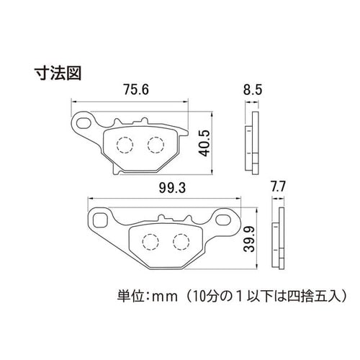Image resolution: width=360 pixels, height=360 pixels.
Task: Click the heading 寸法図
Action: click(x=58, y=73)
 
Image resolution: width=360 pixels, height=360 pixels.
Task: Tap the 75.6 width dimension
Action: click(x=136, y=89)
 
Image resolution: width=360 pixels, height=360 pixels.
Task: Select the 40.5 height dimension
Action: click(x=204, y=143)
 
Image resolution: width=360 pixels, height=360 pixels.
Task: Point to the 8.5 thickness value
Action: click(x=253, y=90)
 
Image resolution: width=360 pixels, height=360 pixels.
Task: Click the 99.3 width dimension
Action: click(x=172, y=188)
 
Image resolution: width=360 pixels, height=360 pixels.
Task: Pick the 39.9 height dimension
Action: click(x=249, y=239)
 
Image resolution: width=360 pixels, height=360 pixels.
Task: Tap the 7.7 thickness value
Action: click(x=278, y=186)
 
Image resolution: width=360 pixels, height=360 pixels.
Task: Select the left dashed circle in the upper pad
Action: click(x=125, y=145)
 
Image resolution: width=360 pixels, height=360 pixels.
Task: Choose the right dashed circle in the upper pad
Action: click(x=156, y=145)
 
